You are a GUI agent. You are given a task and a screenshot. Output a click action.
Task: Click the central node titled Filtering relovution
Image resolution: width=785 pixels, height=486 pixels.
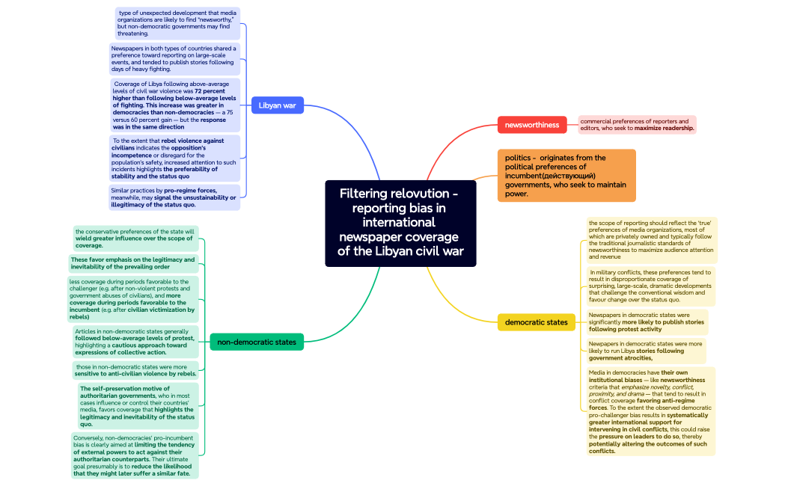point(400,223)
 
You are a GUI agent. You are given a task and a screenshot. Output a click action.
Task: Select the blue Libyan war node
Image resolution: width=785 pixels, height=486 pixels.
point(277,105)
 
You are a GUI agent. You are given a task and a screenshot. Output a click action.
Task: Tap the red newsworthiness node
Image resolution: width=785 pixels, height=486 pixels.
point(531,125)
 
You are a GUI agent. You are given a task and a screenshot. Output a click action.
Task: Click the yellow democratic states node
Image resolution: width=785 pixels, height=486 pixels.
point(536,322)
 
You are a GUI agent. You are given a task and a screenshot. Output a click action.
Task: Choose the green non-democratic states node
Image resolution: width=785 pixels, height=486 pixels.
point(256,342)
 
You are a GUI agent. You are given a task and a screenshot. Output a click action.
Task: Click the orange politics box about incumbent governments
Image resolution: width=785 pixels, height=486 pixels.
point(566,176)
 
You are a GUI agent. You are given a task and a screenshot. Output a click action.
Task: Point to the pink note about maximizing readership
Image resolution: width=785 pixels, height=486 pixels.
point(637,125)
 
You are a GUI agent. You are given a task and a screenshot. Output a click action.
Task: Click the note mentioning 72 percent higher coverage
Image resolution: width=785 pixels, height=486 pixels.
point(175,105)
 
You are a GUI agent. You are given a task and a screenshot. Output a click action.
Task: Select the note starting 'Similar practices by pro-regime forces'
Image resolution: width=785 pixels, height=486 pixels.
point(174,197)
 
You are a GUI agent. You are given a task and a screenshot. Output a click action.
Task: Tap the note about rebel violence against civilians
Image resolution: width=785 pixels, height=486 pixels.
point(175,159)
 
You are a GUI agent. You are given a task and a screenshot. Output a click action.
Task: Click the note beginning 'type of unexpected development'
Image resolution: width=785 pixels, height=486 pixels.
point(177,23)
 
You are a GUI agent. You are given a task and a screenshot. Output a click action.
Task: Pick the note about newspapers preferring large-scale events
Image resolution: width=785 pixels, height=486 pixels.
point(174,58)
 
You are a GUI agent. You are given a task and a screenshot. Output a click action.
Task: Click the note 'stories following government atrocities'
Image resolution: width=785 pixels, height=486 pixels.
point(645,351)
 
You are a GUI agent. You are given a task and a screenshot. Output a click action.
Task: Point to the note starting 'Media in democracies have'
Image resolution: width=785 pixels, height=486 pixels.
point(650,411)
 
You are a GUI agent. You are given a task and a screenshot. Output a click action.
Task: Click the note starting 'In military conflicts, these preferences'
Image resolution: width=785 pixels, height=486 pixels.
point(650,286)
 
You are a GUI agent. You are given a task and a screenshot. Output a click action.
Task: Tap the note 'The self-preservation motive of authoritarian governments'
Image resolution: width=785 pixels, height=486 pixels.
point(138,406)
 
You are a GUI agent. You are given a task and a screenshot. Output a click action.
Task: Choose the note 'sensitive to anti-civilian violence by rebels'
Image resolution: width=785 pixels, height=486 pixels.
point(136,370)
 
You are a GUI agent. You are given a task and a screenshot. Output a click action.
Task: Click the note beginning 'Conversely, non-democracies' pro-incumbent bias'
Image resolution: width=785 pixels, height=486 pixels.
point(135,455)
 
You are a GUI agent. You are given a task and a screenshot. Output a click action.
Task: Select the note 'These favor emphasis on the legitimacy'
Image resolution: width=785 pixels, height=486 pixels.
point(132,263)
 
